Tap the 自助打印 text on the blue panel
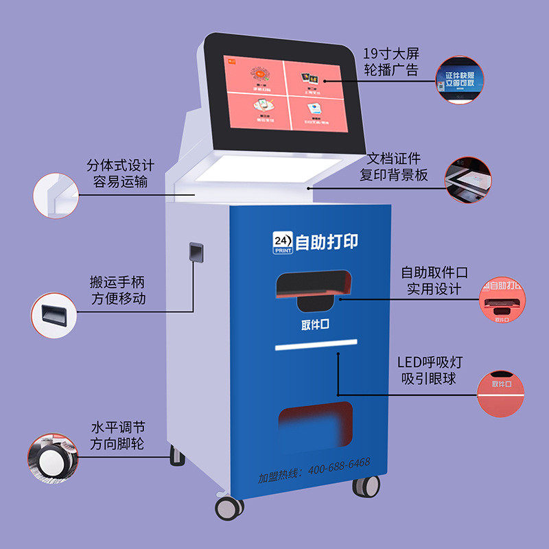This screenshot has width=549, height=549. pos(326,242)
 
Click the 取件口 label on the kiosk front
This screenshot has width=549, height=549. pos(315,325)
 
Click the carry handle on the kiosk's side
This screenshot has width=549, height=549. pos(196,252)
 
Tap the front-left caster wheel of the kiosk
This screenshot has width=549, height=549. pos(229,507)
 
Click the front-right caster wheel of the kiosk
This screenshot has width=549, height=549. pos(366,484)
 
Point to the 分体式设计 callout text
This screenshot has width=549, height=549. pos(120,166)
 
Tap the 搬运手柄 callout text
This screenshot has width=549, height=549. pos(117,283)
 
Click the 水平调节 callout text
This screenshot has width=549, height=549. pos(117,428)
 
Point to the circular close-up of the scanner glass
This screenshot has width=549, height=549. pos(469,179)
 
